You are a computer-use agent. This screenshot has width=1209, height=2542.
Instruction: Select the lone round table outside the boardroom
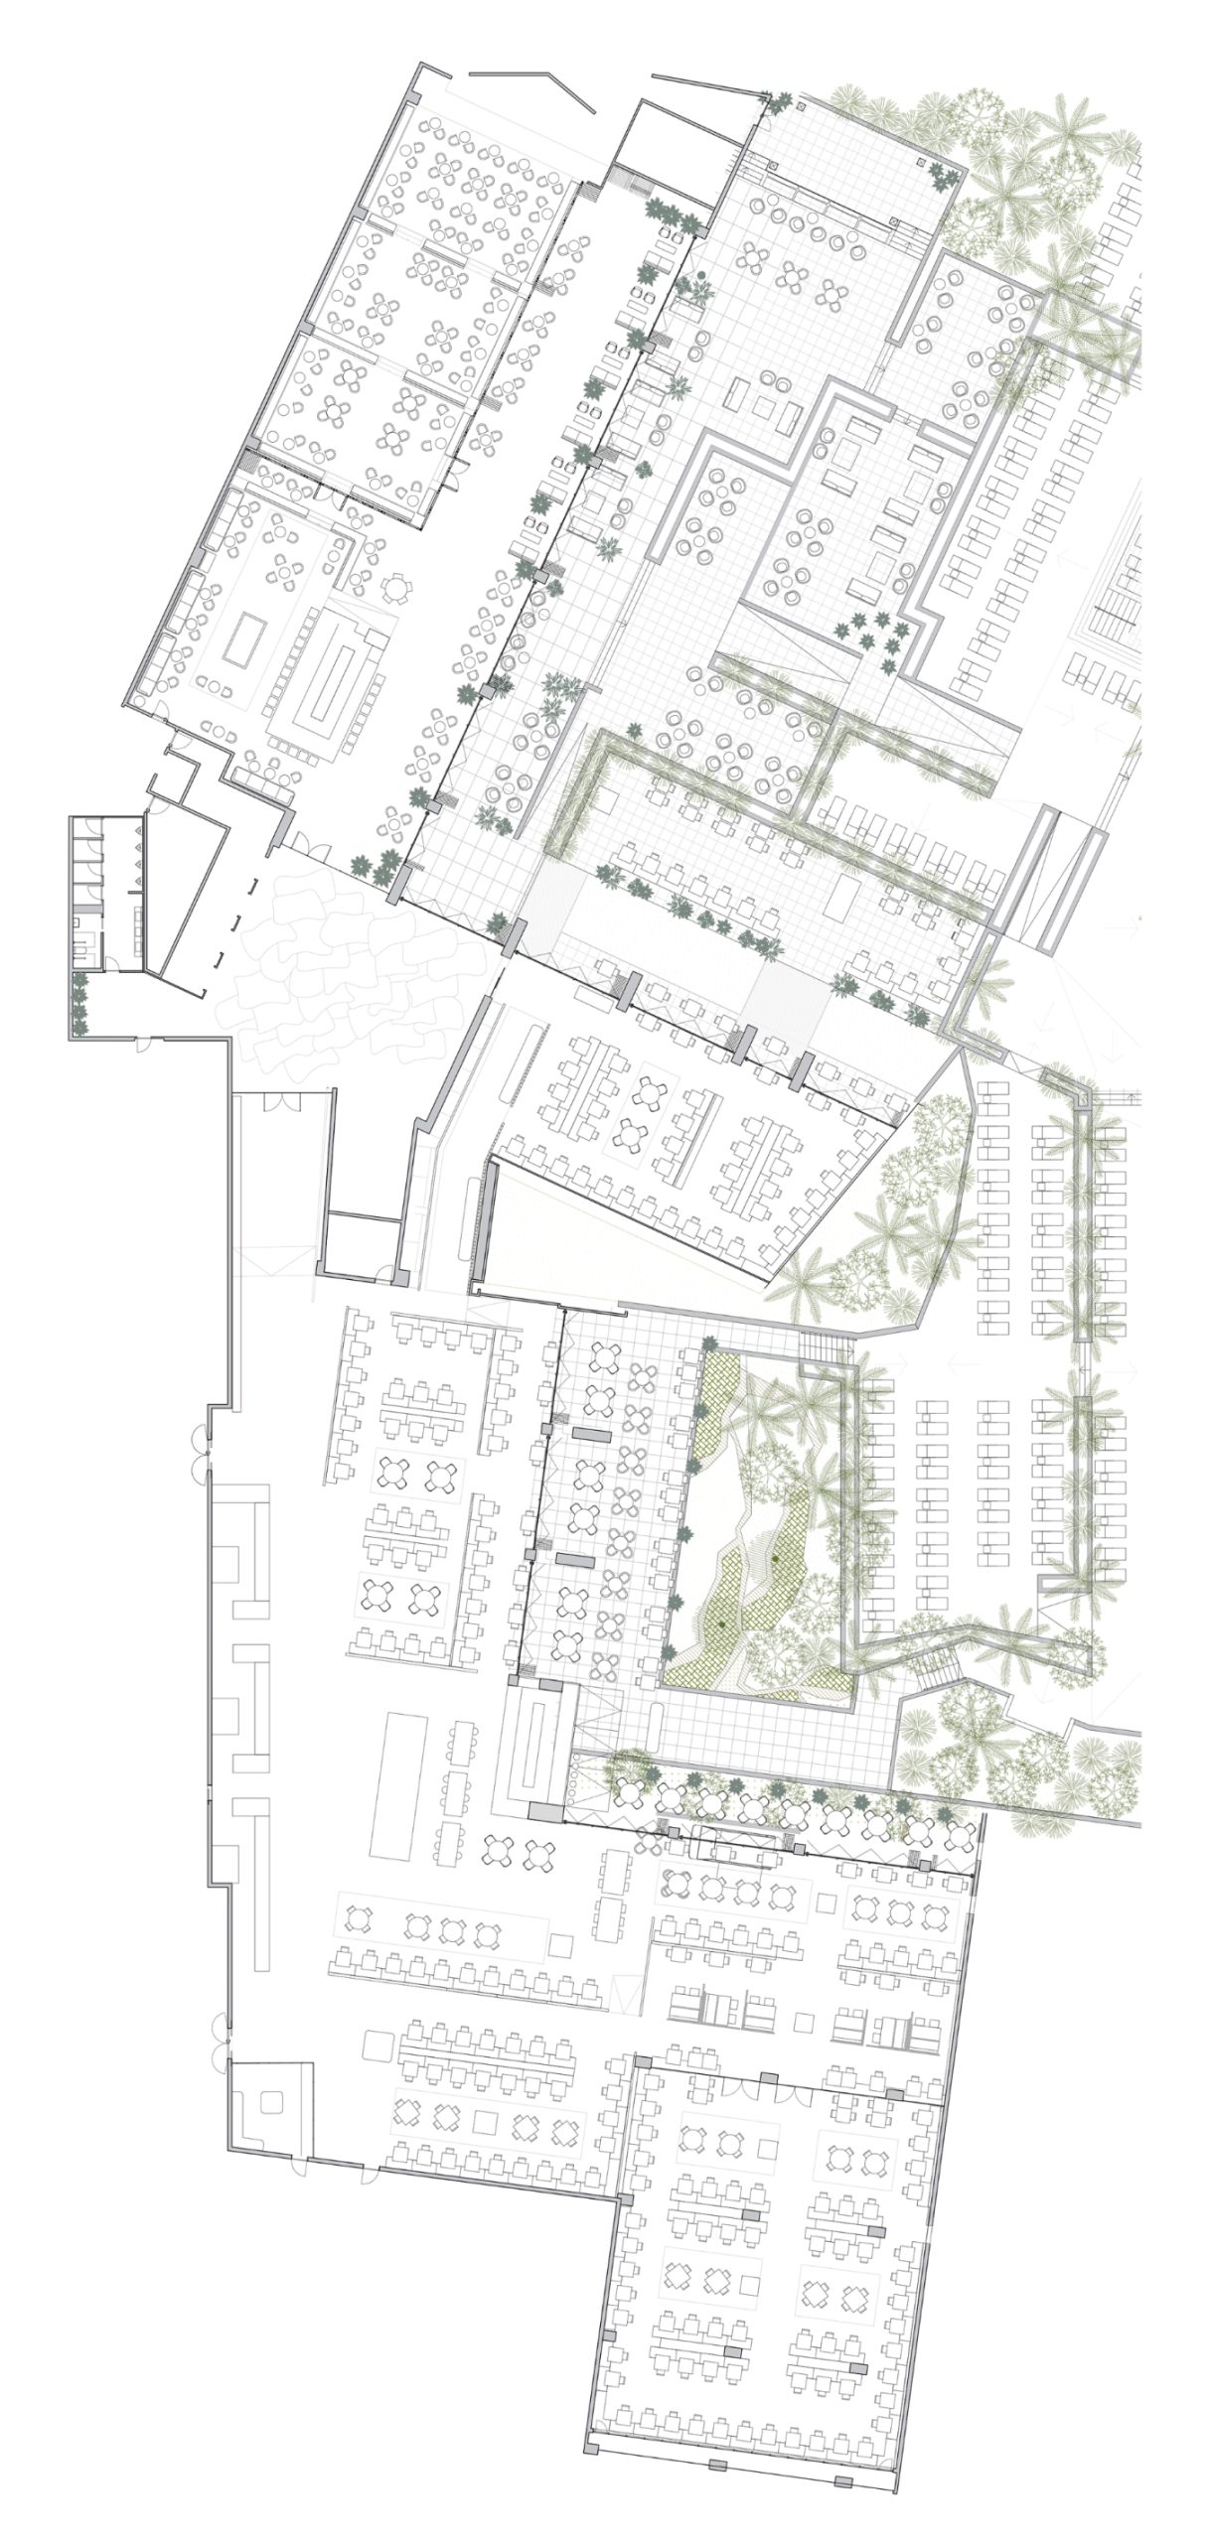click(x=396, y=590)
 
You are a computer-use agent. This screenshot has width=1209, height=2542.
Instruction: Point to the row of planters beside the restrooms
click(x=79, y=1004)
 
